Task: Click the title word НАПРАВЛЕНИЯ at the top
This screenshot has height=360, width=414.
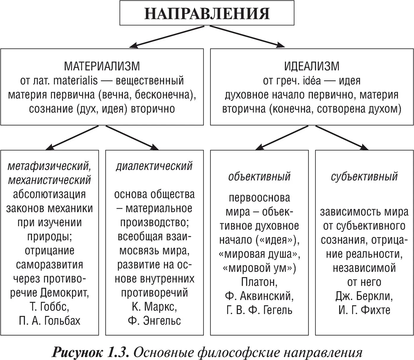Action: click(x=207, y=13)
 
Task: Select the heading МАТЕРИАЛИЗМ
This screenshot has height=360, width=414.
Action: click(x=102, y=66)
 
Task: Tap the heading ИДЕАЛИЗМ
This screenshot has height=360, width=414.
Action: click(x=312, y=66)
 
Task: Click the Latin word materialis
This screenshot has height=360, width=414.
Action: click(x=76, y=81)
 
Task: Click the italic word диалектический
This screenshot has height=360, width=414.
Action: click(x=154, y=166)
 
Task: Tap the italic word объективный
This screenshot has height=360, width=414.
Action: click(x=259, y=177)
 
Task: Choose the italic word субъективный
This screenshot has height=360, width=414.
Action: click(x=364, y=177)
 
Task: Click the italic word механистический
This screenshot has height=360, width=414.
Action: click(x=49, y=180)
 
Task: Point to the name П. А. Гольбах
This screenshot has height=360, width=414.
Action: click(x=49, y=321)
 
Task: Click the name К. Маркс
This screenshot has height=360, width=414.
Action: click(x=154, y=307)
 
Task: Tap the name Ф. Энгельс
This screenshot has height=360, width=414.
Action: click(x=154, y=321)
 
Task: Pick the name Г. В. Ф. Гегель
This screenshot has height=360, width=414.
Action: click(x=259, y=310)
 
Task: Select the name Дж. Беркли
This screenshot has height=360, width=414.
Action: click(x=364, y=296)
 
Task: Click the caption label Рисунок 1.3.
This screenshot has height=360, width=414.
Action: click(x=90, y=352)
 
